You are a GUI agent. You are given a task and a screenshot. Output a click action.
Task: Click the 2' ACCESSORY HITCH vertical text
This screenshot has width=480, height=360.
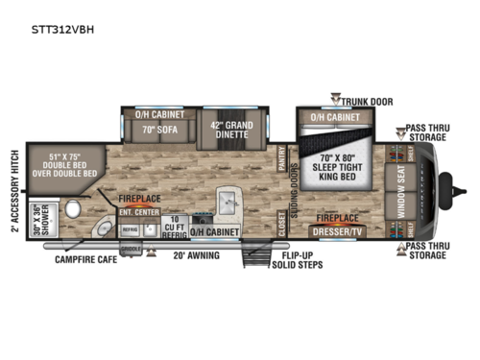pyautogui.click(x=14, y=192)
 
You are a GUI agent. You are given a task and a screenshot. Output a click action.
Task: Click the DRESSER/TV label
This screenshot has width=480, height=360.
pyautogui.click(x=339, y=232)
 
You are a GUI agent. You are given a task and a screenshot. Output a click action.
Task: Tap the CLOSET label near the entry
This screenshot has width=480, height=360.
pyautogui.click(x=282, y=227)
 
